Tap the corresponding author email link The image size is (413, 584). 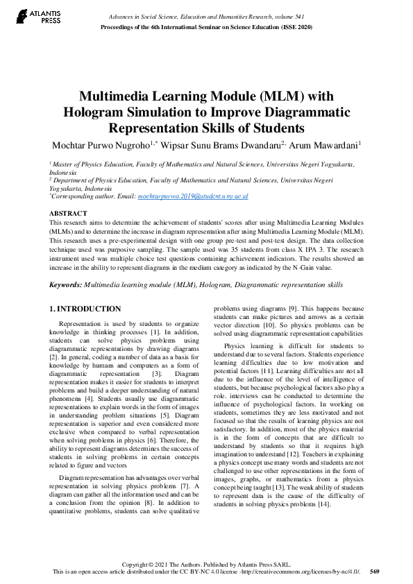[193, 197]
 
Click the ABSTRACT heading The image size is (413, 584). [68, 213]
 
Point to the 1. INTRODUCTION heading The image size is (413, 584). [85, 309]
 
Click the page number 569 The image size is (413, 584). [375, 572]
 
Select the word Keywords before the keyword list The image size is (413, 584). [65, 284]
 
